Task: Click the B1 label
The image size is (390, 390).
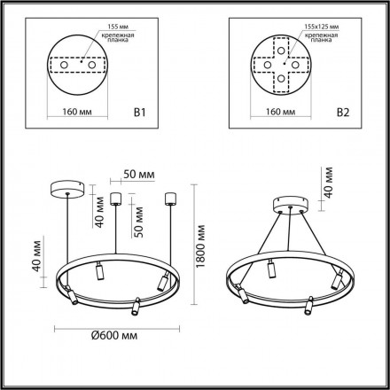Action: click(x=163, y=113)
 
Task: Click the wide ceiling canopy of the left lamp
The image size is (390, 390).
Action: click(x=69, y=190)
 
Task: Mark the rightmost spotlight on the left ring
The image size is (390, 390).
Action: click(x=161, y=282)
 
